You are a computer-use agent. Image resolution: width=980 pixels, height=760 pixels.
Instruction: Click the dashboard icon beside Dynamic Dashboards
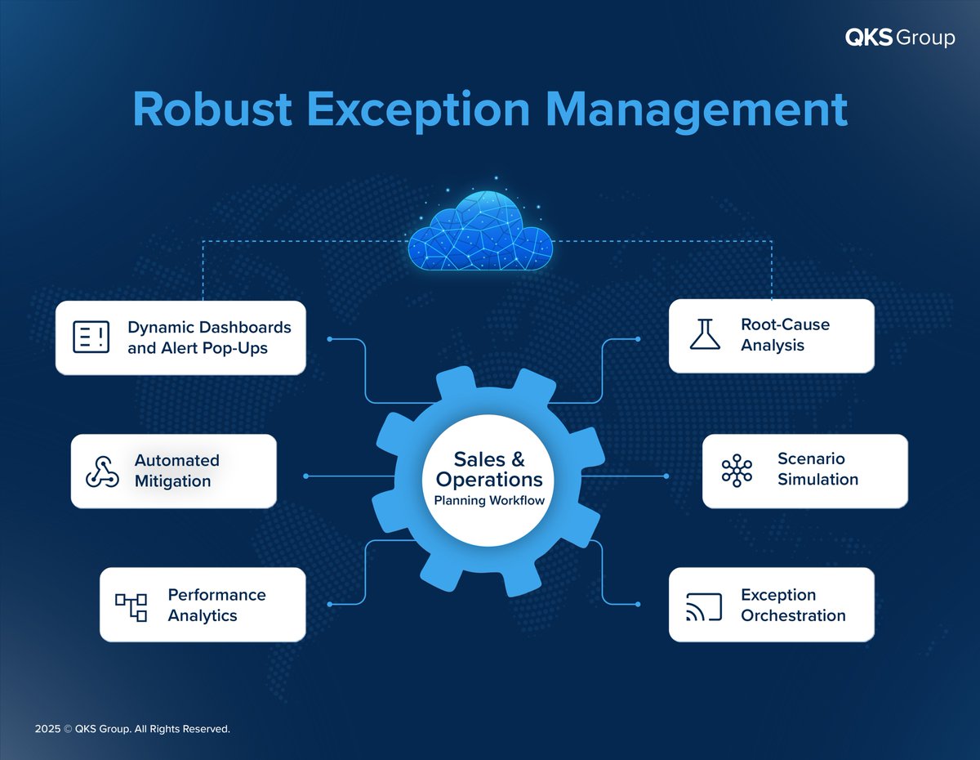pyautogui.click(x=91, y=338)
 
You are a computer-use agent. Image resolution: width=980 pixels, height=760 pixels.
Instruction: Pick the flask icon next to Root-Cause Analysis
pyautogui.click(x=705, y=335)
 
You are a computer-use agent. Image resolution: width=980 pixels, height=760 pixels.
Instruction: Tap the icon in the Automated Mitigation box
pyautogui.click(x=103, y=472)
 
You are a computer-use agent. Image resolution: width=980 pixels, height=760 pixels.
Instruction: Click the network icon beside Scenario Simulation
pyautogui.click(x=737, y=471)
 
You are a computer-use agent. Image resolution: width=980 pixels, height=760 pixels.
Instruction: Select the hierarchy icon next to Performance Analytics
pyautogui.click(x=131, y=606)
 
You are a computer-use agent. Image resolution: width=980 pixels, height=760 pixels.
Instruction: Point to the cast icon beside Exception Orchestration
pyautogui.click(x=704, y=606)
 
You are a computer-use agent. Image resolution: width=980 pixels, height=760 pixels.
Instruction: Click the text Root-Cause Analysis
pyautogui.click(x=773, y=335)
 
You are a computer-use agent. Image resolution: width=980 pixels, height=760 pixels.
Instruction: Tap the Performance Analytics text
pyautogui.click(x=216, y=605)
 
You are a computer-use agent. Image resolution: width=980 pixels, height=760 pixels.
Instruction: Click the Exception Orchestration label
pyautogui.click(x=793, y=605)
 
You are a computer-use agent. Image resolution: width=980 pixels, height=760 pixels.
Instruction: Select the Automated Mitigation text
pyautogui.click(x=176, y=471)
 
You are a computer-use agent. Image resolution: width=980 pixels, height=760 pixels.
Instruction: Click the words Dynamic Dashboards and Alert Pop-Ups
pyautogui.click(x=209, y=338)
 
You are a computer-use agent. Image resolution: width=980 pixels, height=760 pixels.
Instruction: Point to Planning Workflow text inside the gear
pyautogui.click(x=489, y=500)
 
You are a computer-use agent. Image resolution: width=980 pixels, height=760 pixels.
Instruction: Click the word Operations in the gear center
pyautogui.click(x=489, y=479)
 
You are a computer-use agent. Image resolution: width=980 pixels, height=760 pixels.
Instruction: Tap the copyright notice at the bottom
pyautogui.click(x=132, y=728)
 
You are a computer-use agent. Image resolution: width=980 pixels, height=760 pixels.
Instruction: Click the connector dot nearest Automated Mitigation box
pyautogui.click(x=305, y=476)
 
